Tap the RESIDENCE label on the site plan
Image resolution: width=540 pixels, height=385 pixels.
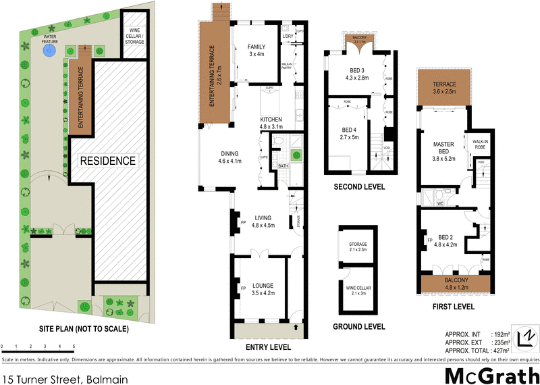click(x=108, y=161)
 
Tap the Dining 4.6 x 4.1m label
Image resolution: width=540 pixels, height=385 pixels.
click(x=229, y=157)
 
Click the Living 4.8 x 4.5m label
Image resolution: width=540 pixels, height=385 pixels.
click(x=263, y=222)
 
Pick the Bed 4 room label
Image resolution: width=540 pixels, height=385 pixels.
click(x=348, y=133)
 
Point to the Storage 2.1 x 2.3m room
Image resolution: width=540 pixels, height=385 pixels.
click(x=356, y=247)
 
